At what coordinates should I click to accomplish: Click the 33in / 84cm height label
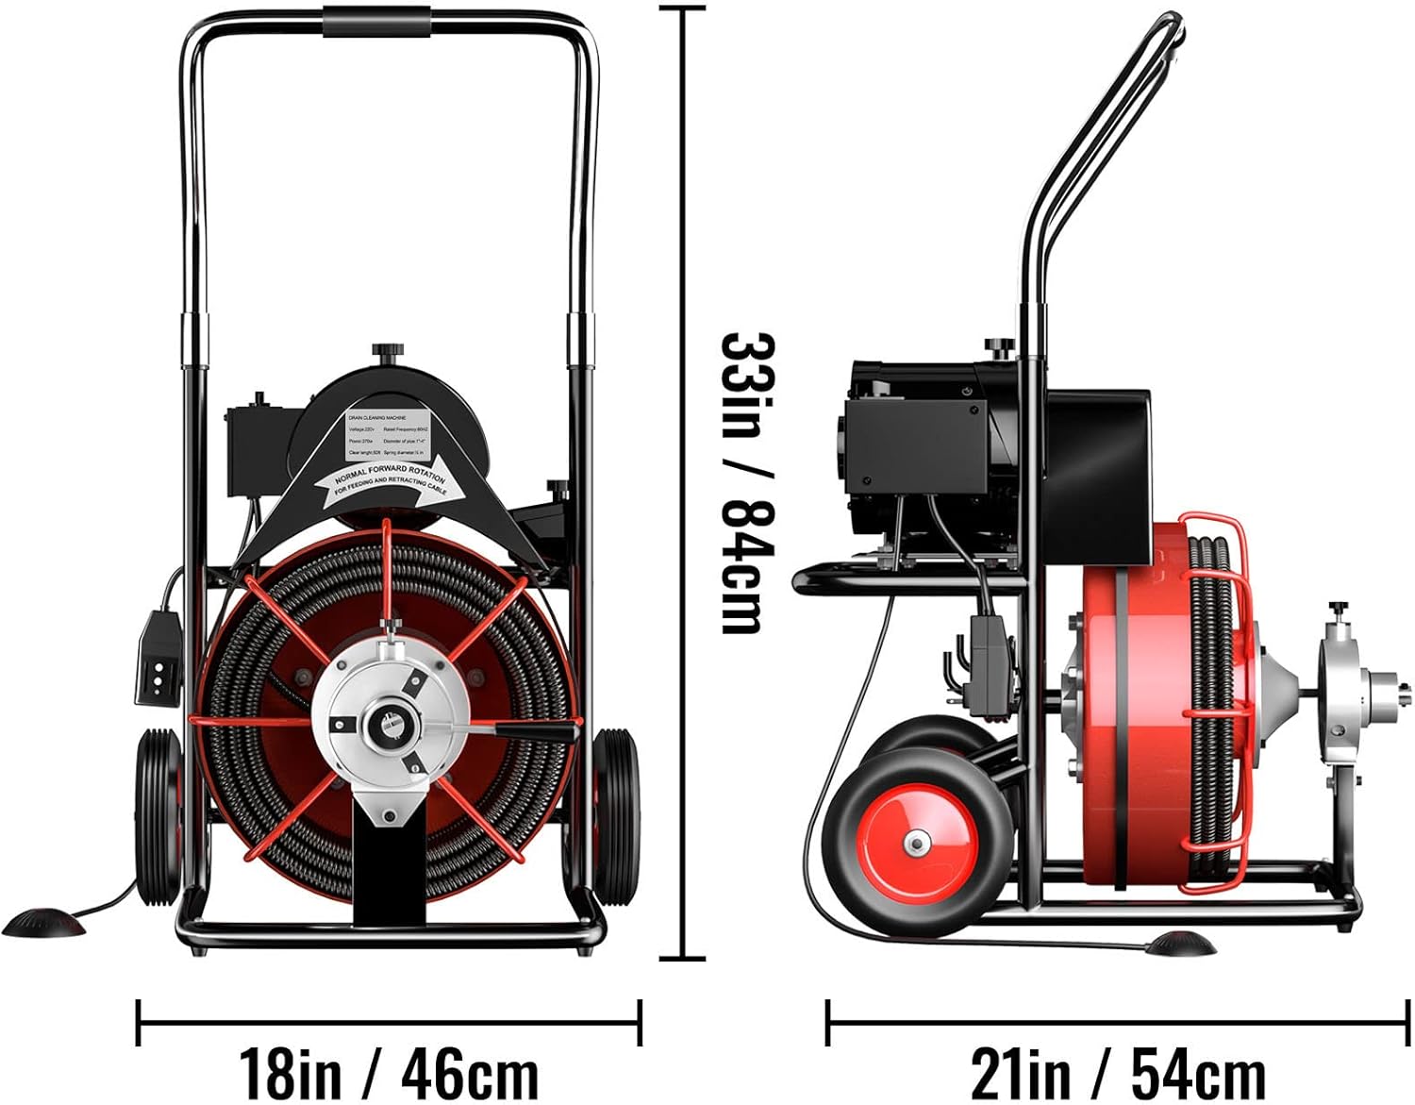[x=747, y=483]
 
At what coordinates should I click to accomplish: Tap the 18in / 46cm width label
[x=388, y=1072]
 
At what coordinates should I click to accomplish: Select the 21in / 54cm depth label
[x=1118, y=1072]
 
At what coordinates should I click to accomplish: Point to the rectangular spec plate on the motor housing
[x=390, y=435]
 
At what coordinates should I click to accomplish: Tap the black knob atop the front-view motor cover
[x=387, y=353]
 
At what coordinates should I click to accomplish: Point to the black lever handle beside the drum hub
[x=536, y=731]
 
